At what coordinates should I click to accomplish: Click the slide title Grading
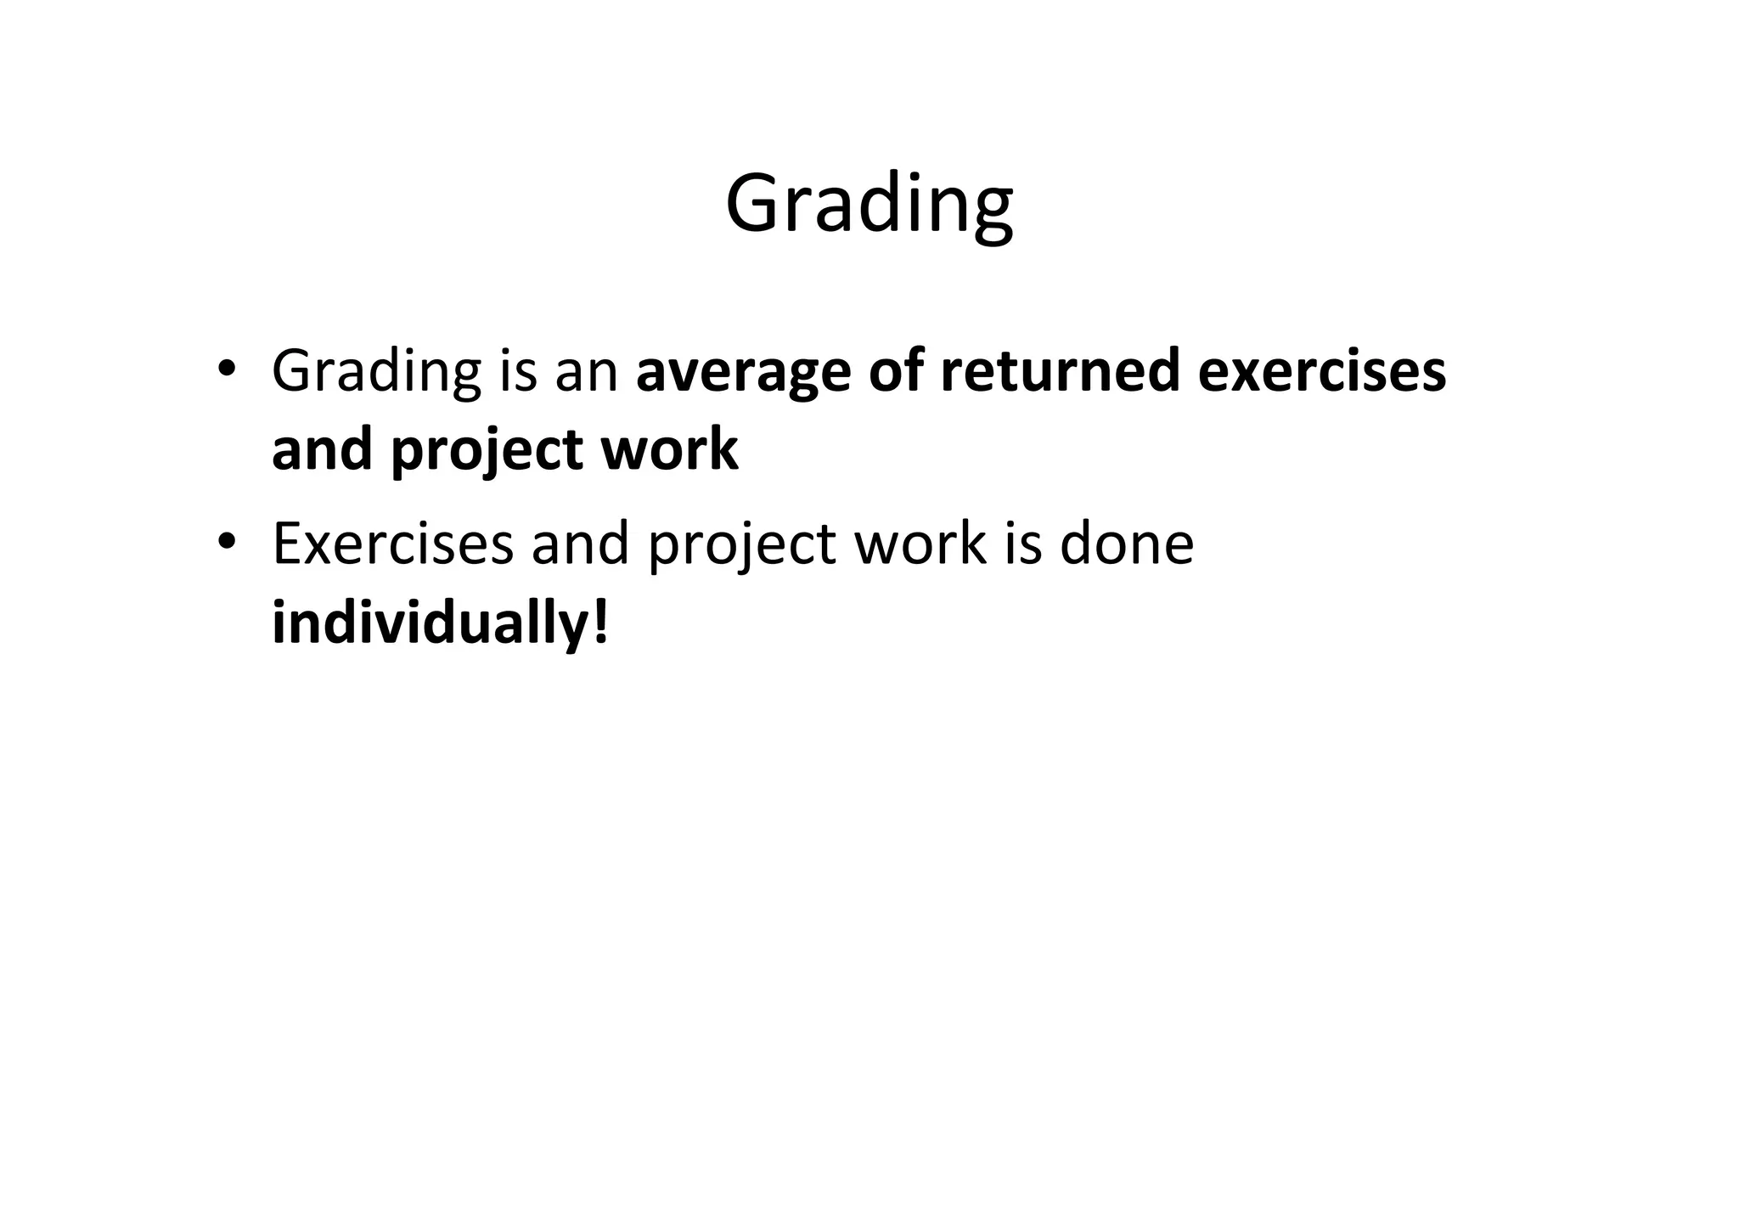[x=869, y=204]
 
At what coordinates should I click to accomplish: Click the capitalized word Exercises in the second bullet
[x=393, y=544]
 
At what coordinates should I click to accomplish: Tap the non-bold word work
[x=920, y=544]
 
